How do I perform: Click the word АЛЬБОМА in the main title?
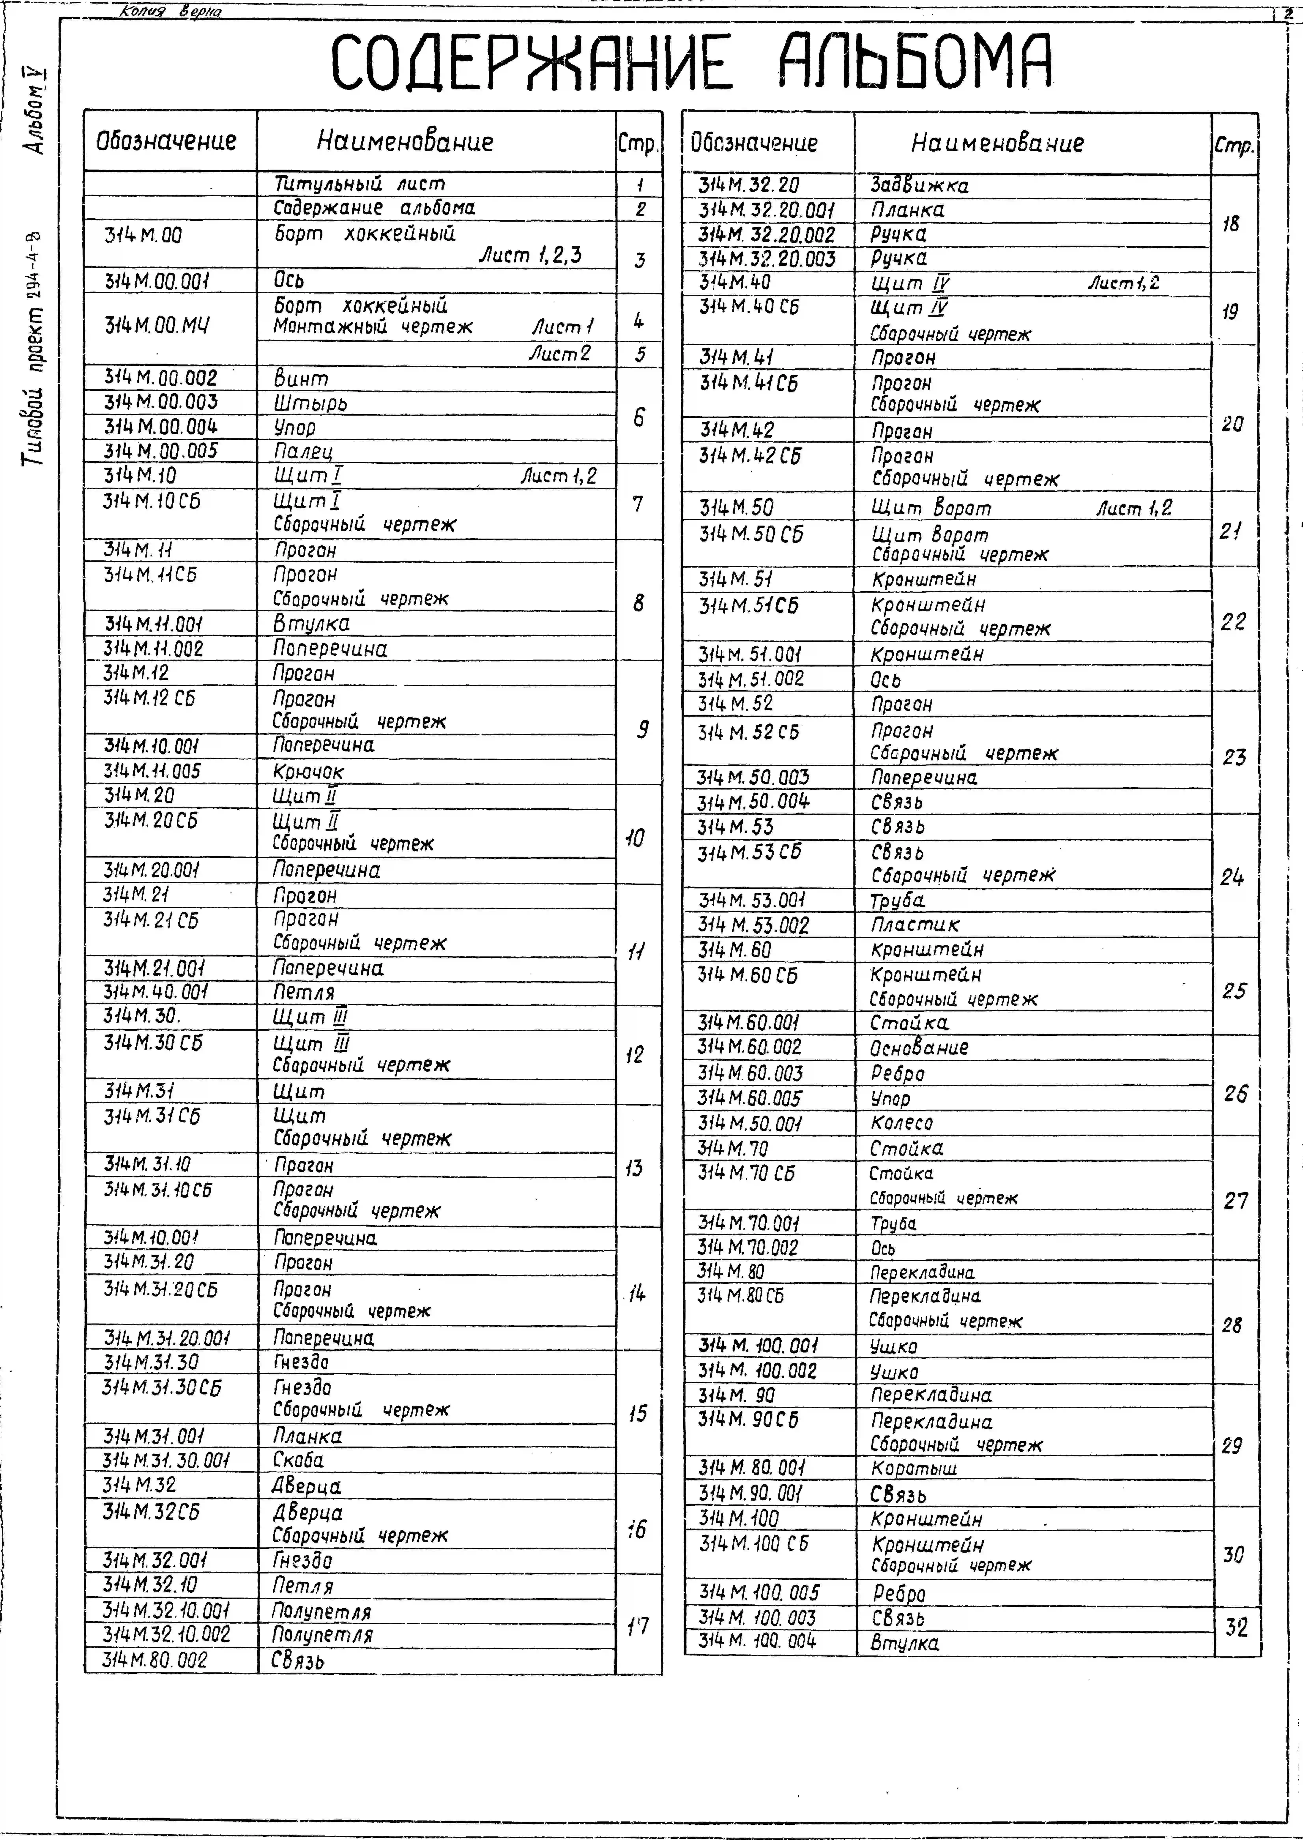click(915, 63)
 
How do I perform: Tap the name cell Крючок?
click(308, 771)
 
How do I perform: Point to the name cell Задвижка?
click(919, 185)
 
